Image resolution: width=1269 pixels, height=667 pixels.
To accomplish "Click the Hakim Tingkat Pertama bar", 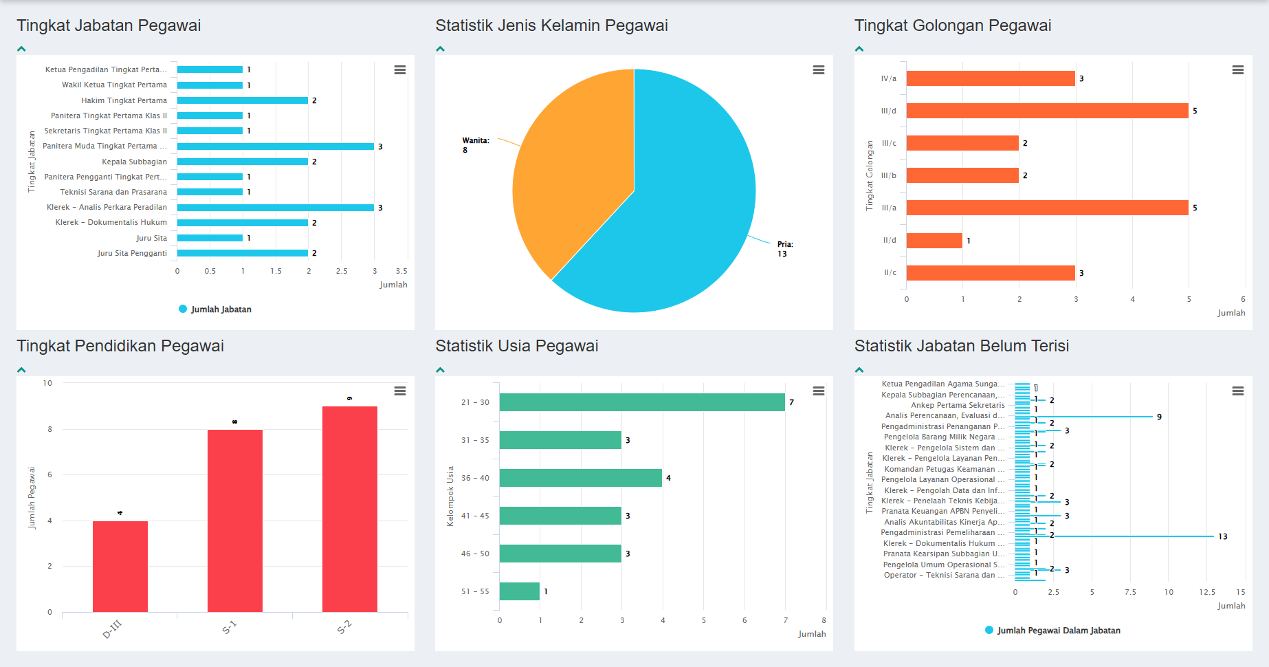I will pos(242,100).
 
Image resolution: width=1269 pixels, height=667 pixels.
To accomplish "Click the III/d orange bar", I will pos(1046,111).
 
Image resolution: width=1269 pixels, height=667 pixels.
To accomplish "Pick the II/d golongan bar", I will pos(934,241).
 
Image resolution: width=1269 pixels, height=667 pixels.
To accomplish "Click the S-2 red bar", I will pos(349,509).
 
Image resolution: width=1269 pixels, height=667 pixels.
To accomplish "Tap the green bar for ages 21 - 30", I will pos(641,402).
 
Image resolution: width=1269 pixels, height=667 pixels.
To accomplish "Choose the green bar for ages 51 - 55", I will pos(519,591).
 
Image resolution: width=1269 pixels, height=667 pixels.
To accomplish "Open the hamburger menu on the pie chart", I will pos(818,70).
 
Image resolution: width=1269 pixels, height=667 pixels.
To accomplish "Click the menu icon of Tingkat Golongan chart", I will pos(1237,70).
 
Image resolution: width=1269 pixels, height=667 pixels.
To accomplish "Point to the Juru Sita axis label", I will pos(151,238).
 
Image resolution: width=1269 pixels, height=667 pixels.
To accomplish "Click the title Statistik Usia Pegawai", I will pos(516,346).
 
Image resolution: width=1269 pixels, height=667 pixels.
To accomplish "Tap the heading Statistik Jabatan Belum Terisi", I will pos(961,346).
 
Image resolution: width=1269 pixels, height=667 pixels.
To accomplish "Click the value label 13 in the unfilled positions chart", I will pos(1222,536).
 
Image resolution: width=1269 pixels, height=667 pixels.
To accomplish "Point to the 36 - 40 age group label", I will pos(475,478).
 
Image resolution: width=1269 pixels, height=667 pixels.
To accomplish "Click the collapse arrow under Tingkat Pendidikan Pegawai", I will pos(21,370).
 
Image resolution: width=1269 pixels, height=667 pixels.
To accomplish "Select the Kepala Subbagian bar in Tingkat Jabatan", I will pos(242,162).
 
